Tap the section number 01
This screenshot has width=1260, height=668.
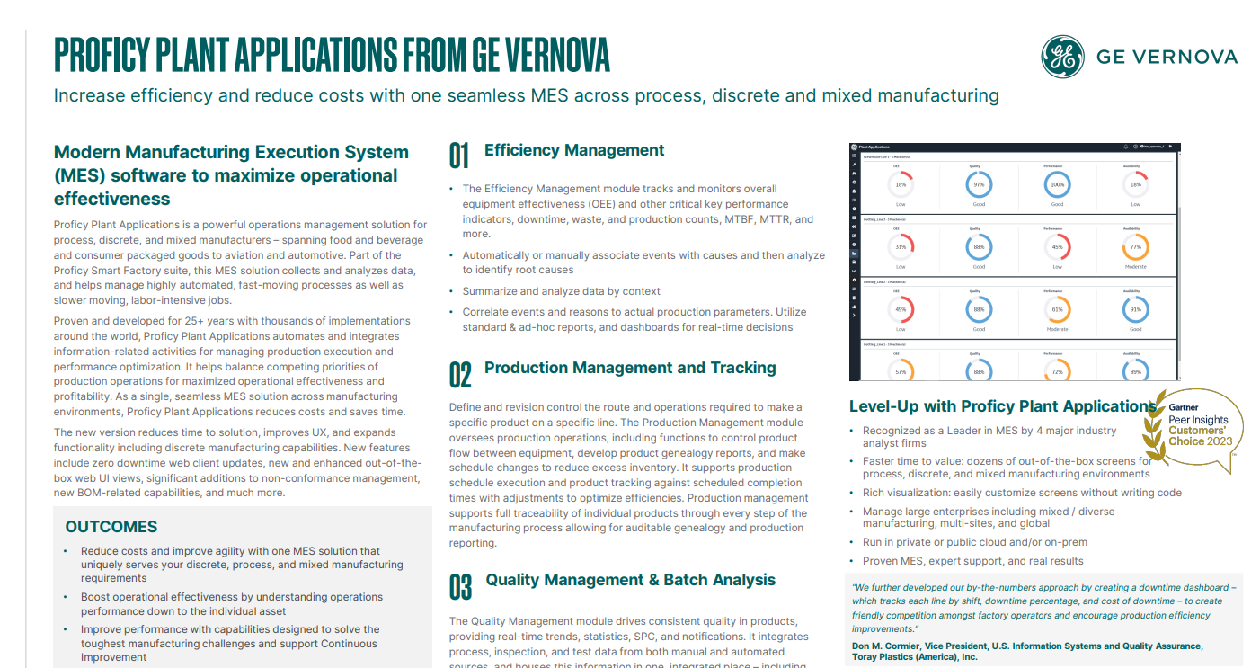(459, 156)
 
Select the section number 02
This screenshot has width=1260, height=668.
(460, 374)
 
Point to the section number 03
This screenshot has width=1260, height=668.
(460, 586)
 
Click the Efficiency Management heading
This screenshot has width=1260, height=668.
(574, 150)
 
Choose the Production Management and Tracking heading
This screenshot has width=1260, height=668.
(630, 368)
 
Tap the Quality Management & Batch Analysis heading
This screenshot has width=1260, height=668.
(631, 580)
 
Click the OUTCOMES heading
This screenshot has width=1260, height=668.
(111, 527)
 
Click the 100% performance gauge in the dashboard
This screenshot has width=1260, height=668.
(1057, 185)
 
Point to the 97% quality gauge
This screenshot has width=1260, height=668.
(979, 185)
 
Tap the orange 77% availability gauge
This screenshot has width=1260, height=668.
(1135, 247)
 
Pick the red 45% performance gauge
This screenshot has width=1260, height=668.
(1057, 247)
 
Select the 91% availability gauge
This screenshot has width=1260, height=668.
(1135, 310)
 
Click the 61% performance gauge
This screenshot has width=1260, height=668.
(1057, 310)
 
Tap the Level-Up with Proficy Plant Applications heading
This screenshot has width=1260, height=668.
(1002, 406)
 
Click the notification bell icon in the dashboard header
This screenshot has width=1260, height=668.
(1125, 147)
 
